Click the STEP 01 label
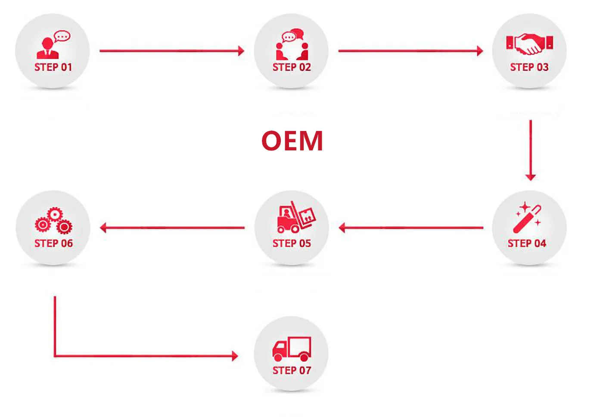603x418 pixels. coord(53,67)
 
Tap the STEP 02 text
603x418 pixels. coord(292,67)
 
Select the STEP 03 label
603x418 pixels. coord(529,67)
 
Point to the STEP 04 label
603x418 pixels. coord(527,243)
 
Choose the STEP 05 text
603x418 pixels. coord(292,243)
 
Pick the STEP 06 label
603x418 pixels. coord(53,243)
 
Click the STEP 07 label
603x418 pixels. coord(292,371)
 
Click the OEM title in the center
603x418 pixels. coord(292,140)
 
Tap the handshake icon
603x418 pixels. coord(529,44)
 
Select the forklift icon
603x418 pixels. coord(296,217)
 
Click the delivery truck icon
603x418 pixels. coord(292,349)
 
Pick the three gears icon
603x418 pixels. coord(53,220)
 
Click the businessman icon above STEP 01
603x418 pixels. coord(48,48)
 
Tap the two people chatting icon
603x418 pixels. coord(292,44)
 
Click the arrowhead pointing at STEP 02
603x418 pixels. coord(241,51)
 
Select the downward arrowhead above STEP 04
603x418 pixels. coord(531,177)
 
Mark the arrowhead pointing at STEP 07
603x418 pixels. coord(235,356)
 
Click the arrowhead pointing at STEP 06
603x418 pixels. coord(103,228)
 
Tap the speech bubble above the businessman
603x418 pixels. coord(62,36)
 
